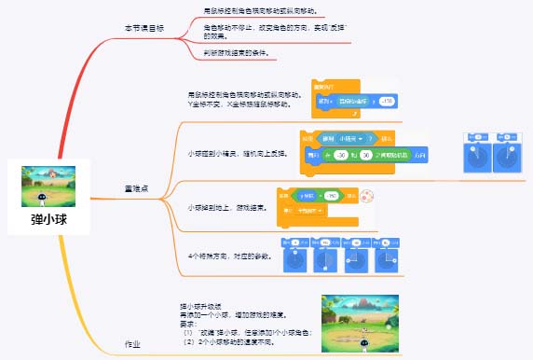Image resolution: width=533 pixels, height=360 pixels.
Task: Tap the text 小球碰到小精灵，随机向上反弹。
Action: click(238, 152)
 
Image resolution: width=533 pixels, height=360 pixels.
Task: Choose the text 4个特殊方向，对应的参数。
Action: click(230, 255)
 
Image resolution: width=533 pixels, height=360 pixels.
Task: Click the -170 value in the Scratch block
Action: click(387, 99)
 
